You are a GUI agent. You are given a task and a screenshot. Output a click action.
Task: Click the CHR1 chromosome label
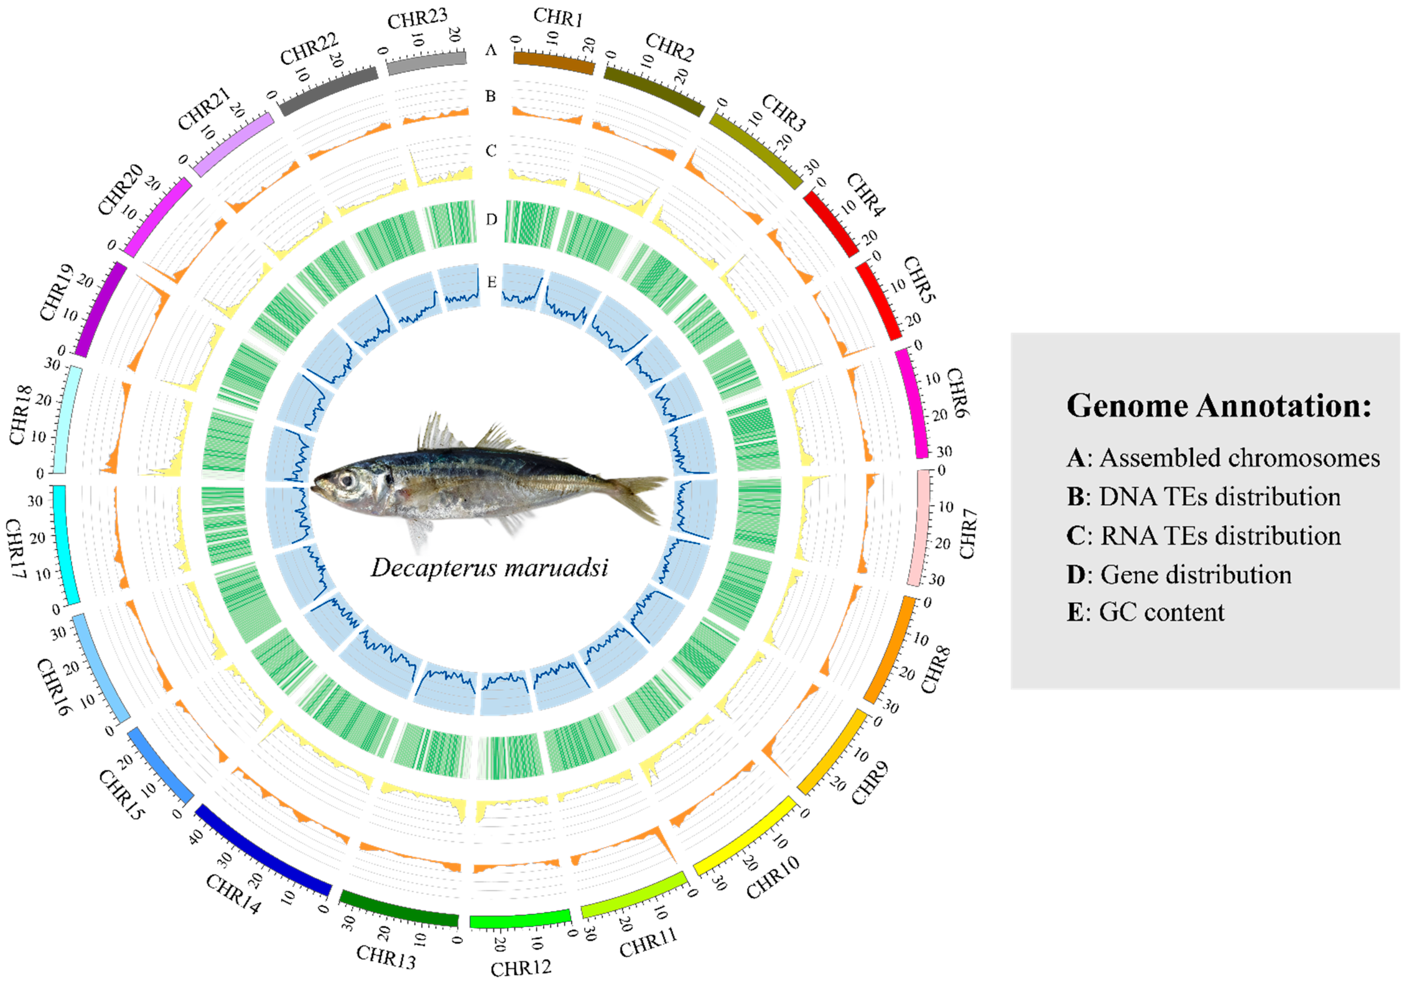558,17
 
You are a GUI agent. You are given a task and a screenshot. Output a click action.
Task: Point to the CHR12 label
521,968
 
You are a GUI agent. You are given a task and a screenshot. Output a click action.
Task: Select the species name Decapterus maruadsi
489,567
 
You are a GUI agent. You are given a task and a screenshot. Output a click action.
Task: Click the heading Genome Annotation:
1218,405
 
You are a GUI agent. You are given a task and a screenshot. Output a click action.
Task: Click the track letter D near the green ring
491,219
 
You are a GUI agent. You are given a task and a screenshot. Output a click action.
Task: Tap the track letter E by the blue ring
491,282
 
